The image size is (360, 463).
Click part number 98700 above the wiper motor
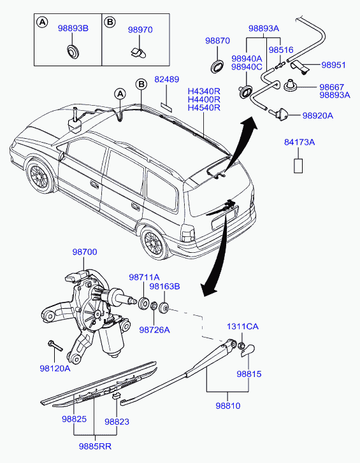(x=85, y=252)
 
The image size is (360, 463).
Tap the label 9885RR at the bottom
(x=95, y=446)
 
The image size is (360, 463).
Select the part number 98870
(x=218, y=41)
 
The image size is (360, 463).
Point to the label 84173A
(x=299, y=142)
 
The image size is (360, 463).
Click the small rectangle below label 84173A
(x=298, y=166)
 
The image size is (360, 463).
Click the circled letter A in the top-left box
(x=42, y=22)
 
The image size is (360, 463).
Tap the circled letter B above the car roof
(x=141, y=85)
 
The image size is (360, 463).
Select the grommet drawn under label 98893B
(x=73, y=51)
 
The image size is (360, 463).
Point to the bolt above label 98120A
(x=55, y=345)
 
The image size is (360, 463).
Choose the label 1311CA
(x=243, y=327)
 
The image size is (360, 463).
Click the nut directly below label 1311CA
(x=241, y=345)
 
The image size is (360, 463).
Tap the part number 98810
(x=228, y=406)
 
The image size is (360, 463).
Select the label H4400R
(x=204, y=99)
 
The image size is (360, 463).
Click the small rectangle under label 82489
(x=166, y=106)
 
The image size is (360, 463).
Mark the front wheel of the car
(x=40, y=176)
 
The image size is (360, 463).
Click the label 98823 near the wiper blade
(x=117, y=422)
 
